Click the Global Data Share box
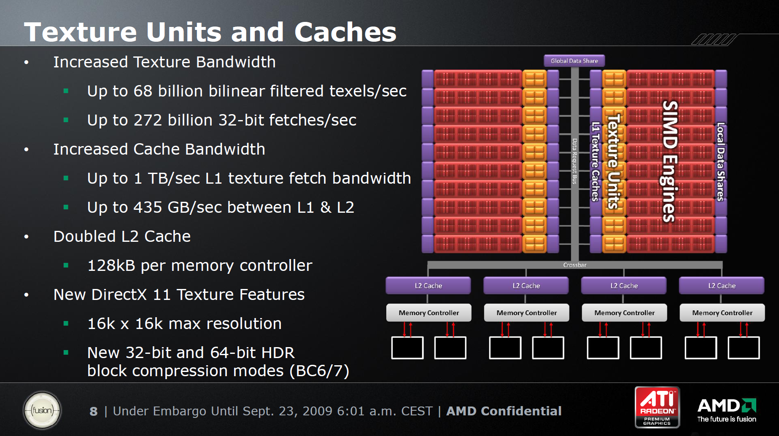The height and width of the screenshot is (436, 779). coord(574,61)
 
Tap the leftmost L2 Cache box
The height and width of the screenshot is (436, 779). coord(428,286)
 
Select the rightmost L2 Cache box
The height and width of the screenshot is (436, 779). coord(722,286)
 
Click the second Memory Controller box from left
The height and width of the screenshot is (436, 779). coord(526,313)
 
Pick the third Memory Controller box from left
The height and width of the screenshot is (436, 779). coord(624,313)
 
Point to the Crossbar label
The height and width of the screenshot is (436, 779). coord(575,265)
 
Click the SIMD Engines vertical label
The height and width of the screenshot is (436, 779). coord(669,161)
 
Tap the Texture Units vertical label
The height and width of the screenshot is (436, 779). coord(613,161)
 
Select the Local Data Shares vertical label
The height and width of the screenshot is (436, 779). coord(721,162)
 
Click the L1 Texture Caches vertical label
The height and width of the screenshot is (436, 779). coord(595,162)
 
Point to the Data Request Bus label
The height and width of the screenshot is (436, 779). coord(574,161)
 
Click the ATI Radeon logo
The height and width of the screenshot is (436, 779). coord(657,407)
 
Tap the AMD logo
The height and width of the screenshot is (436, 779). coord(727,410)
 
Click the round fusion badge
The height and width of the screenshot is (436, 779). coord(42,410)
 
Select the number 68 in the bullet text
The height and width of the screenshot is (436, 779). coord(143,91)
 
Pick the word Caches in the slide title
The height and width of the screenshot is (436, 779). coord(345,32)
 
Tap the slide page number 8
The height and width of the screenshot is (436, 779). coord(94,412)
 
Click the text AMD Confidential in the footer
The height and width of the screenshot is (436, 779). coord(504,411)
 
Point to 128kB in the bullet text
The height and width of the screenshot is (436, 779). coord(111,265)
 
